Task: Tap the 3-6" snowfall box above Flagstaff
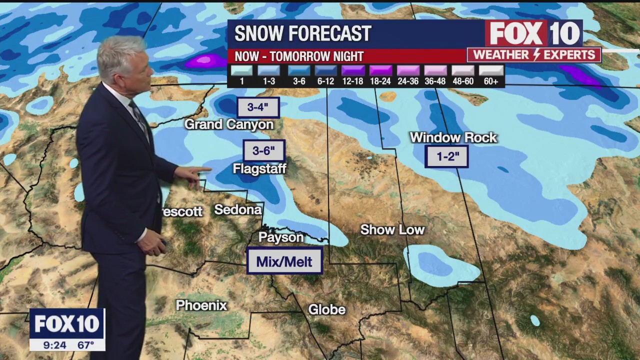click(264, 151)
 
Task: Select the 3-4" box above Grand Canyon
click(257, 107)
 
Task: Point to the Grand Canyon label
click(229, 124)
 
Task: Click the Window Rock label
click(453, 137)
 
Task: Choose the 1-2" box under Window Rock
click(447, 156)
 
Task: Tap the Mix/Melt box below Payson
click(284, 261)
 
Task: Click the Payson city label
click(281, 237)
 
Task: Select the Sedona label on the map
click(238, 209)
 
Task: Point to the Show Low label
click(392, 230)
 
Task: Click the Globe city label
click(327, 310)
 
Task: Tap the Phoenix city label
click(201, 305)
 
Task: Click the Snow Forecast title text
click(303, 34)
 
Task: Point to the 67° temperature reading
click(86, 345)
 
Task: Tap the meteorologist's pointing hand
click(193, 175)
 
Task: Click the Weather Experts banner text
click(534, 54)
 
